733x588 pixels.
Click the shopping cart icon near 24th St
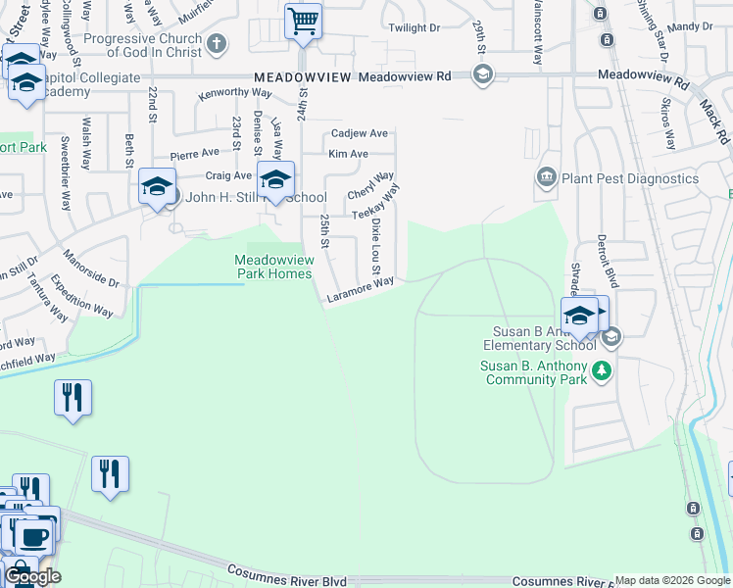303,21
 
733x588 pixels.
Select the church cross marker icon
217,44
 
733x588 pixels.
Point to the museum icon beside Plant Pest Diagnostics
546,177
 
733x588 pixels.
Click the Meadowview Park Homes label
273,267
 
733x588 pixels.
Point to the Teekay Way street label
376,205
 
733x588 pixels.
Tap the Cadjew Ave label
360,133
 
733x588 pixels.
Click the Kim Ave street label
348,154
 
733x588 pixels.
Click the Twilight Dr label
415,29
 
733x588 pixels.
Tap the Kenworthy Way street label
234,94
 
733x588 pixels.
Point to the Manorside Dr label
90,268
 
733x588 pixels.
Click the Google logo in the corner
33,576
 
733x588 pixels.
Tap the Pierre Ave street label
195,154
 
